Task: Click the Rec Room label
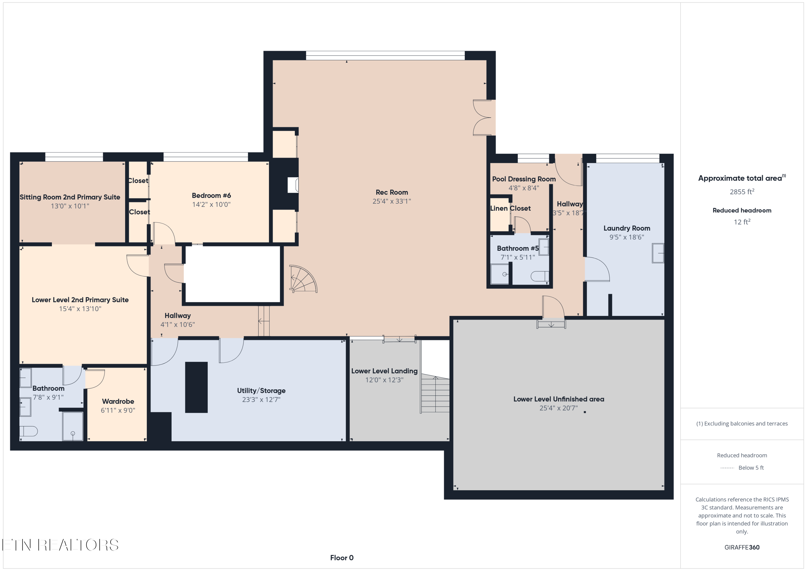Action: coord(392,192)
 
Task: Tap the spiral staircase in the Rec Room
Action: coord(303,279)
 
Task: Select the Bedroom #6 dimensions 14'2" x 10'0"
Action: coord(211,204)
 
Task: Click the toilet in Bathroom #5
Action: coord(540,276)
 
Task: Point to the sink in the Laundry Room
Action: coord(658,253)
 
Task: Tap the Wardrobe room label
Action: coord(118,401)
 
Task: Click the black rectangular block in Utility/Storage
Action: coord(196,387)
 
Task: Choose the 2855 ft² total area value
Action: coord(742,192)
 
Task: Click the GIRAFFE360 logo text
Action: coord(742,547)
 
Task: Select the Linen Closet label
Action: coord(510,208)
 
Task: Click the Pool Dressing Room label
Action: coord(524,179)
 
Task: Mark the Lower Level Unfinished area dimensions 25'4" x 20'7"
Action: coord(558,408)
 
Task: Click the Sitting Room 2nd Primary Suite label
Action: coord(70,197)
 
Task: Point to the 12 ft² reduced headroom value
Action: coord(742,222)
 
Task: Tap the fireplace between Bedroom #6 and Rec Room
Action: coord(293,185)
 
